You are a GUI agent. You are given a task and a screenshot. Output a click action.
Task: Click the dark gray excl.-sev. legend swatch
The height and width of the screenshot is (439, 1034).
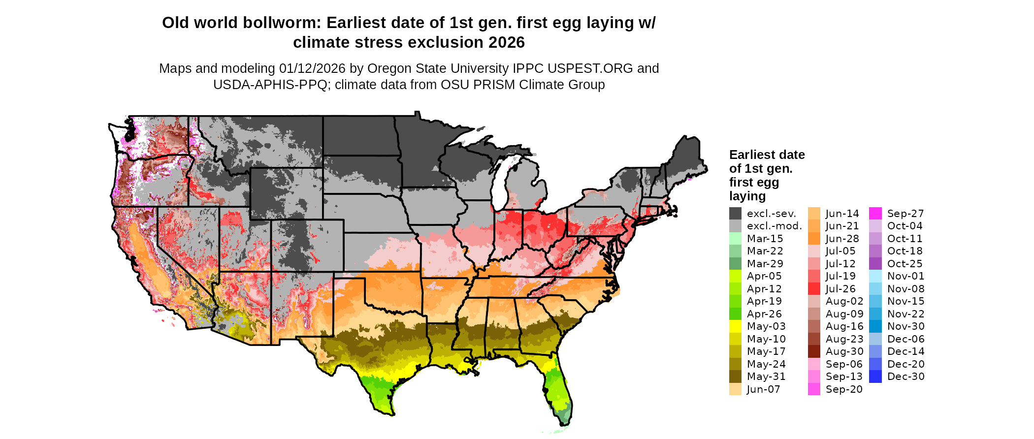tap(735, 214)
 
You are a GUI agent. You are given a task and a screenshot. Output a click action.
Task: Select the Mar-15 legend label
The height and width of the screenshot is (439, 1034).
tap(765, 239)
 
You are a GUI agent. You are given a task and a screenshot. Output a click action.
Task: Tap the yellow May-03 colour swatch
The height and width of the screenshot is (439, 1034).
tap(735, 326)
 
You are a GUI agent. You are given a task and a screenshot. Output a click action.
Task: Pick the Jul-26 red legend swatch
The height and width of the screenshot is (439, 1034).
tap(814, 289)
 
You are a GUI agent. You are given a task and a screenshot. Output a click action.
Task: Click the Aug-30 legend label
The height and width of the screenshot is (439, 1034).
tap(844, 351)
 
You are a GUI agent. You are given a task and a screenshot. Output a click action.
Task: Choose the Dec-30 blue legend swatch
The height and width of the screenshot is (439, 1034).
tap(875, 376)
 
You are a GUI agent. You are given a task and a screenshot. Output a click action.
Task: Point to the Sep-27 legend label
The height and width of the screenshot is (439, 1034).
tap(905, 214)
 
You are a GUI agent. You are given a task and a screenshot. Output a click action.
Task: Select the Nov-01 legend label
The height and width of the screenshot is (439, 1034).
tap(905, 276)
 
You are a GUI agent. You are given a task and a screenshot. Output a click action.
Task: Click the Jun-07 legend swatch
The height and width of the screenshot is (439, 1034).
tap(735, 389)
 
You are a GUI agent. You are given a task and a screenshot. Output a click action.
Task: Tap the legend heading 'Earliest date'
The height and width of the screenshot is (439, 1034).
tap(767, 155)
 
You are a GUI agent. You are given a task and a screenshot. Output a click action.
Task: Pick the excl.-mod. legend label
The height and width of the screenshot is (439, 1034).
tap(774, 226)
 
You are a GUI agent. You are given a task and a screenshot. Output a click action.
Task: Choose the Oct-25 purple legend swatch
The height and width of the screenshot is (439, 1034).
tap(875, 264)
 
